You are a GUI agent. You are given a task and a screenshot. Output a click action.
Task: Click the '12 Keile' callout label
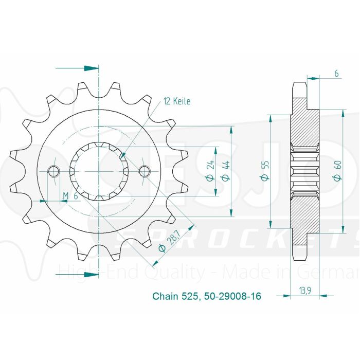pos(177,101)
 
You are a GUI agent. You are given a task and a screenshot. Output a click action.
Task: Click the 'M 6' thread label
pos(70,195)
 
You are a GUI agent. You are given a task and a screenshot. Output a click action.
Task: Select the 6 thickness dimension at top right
pos(336,74)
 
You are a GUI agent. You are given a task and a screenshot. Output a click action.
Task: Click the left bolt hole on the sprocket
pos(52,171)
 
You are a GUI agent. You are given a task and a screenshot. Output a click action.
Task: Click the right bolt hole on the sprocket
pos(144,171)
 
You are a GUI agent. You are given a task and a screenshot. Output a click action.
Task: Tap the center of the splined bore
pos(98,171)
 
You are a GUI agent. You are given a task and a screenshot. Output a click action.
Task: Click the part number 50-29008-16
pos(227,297)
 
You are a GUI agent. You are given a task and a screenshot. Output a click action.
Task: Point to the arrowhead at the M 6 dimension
pos(63,201)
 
